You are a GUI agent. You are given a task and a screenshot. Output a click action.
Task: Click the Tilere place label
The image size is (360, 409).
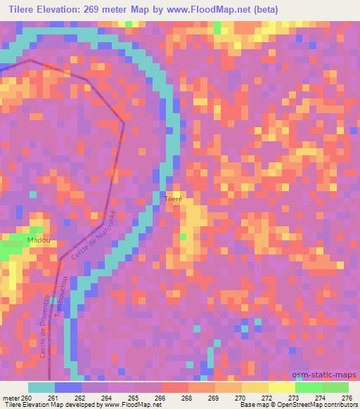pyautogui.click(x=174, y=200)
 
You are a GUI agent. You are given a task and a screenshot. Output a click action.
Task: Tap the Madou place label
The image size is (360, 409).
pyautogui.click(x=38, y=240)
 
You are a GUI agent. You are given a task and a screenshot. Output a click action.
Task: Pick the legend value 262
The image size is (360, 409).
pyautogui.click(x=82, y=397)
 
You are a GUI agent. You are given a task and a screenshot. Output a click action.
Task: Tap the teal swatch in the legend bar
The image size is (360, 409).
pyautogui.click(x=41, y=387)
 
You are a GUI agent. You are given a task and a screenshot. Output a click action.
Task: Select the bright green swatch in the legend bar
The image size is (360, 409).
pyautogui.click(x=309, y=387)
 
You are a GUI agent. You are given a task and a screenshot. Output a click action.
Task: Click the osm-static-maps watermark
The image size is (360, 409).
pyautogui.click(x=330, y=375)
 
